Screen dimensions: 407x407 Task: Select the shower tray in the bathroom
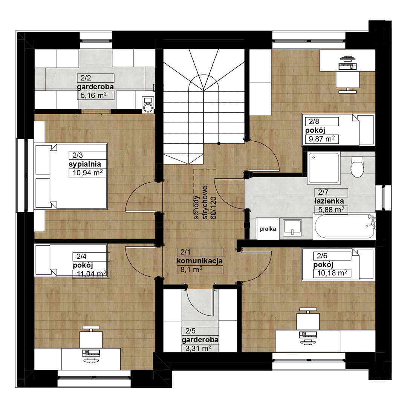point(324,168)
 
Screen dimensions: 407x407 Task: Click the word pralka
point(268,229)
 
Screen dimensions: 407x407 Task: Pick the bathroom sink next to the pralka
point(292,227)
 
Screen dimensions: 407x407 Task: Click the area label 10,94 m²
point(88,173)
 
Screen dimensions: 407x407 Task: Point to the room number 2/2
point(86,78)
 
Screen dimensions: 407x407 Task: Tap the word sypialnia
point(85,164)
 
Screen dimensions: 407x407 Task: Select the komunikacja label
point(200,261)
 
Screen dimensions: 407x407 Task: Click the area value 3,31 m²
point(198,348)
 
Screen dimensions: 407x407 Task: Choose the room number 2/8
point(314,121)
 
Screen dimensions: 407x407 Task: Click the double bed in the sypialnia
point(71,176)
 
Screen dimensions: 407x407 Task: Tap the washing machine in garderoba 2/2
point(148,105)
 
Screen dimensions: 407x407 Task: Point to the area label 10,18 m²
point(332,273)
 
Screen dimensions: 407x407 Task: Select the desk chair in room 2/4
point(91,337)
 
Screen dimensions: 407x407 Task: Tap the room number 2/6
point(322,256)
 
